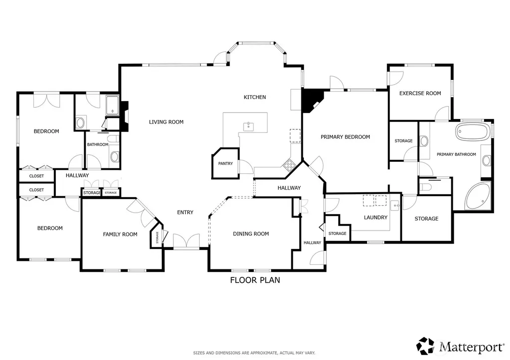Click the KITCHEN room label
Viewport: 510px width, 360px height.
tap(255, 97)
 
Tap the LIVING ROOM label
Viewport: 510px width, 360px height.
tap(166, 122)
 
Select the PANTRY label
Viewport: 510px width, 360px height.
tap(226, 164)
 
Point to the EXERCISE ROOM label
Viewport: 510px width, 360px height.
tap(420, 93)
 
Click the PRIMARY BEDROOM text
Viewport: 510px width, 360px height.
tap(345, 137)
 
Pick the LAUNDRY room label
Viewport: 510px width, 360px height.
tap(376, 217)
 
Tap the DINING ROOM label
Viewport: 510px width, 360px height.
tap(251, 234)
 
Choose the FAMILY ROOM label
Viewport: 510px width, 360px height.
tap(120, 234)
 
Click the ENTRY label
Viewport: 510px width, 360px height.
tap(185, 212)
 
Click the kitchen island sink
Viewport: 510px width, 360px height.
tap(249, 126)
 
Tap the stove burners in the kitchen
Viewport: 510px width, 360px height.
tap(289, 165)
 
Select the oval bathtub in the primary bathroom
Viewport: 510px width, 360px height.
tap(472, 132)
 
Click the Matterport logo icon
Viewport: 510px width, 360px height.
tap(426, 346)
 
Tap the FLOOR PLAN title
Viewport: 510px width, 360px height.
tap(255, 280)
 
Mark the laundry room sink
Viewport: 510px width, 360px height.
tap(395, 206)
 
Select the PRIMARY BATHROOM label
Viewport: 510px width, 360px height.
tap(456, 154)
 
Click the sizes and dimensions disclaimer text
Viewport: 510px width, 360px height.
tap(254, 353)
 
